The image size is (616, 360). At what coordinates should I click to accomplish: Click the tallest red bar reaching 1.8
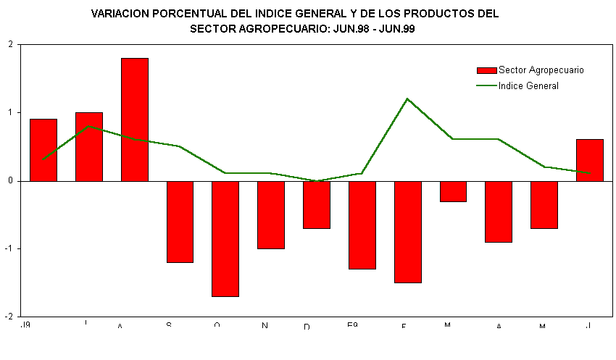(135, 120)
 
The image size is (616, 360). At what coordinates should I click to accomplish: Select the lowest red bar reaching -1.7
(225, 238)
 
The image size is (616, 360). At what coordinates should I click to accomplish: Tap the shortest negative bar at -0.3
(453, 191)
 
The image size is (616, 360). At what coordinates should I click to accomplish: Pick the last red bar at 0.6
(590, 160)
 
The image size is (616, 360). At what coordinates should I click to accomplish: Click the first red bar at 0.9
(43, 150)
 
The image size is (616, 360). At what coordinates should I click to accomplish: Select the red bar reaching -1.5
(408, 232)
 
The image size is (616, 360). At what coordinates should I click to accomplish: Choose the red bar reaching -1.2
(180, 222)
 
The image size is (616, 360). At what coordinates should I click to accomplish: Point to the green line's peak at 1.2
(407, 99)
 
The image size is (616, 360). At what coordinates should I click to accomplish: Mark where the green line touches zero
(317, 181)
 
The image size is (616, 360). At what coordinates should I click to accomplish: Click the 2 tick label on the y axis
(10, 45)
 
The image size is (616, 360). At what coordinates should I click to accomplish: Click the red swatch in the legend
(486, 70)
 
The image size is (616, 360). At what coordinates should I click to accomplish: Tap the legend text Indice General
(528, 85)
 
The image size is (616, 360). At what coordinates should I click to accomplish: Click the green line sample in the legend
(486, 85)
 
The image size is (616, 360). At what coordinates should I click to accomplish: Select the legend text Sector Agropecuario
(541, 70)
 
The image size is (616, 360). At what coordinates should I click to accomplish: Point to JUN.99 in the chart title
(396, 29)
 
